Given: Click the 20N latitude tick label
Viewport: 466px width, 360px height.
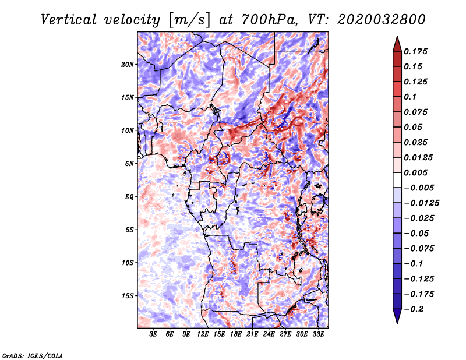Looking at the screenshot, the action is (128, 65).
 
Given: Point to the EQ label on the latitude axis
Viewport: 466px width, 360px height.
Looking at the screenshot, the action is (129, 197).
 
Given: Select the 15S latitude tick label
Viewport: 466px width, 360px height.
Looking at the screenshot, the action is (128, 296).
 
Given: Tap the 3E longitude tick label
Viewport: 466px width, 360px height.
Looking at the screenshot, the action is (153, 334).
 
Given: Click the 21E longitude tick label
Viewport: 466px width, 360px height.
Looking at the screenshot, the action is (252, 334).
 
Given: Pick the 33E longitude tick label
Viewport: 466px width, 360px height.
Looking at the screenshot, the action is (318, 334).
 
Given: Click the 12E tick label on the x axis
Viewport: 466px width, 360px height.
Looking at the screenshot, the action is (203, 334).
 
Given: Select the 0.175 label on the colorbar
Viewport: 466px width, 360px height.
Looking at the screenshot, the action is (415, 51).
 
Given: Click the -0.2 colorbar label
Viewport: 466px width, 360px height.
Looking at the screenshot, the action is (414, 309).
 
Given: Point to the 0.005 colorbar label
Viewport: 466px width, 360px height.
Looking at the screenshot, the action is (415, 172).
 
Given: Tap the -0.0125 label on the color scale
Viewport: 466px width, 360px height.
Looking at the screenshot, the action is (421, 203).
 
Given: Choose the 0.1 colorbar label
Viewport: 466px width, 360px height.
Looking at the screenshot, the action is (410, 97).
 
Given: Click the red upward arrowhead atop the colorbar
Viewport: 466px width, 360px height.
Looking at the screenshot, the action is (397, 44).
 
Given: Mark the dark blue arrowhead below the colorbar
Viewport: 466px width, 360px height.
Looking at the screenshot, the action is (397, 316).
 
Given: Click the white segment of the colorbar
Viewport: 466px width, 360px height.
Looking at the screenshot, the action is (397, 180).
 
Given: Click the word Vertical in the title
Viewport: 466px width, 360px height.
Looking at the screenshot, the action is (68, 20).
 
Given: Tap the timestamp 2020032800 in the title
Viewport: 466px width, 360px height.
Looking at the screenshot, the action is (382, 20).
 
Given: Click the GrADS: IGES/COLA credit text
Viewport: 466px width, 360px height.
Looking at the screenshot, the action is (33, 356).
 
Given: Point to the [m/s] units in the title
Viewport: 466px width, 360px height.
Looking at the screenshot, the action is (189, 20).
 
